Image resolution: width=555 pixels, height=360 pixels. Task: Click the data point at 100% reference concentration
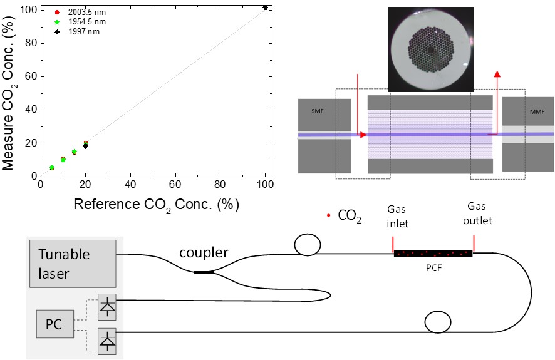pyautogui.click(x=265, y=8)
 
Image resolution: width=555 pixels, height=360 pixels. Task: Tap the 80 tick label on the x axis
pyautogui.click(x=220, y=185)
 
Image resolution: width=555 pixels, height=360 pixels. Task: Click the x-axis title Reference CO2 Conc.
pyautogui.click(x=157, y=204)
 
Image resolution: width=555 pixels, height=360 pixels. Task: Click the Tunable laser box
pyautogui.click(x=72, y=263)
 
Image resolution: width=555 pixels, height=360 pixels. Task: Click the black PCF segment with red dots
pyautogui.click(x=433, y=254)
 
